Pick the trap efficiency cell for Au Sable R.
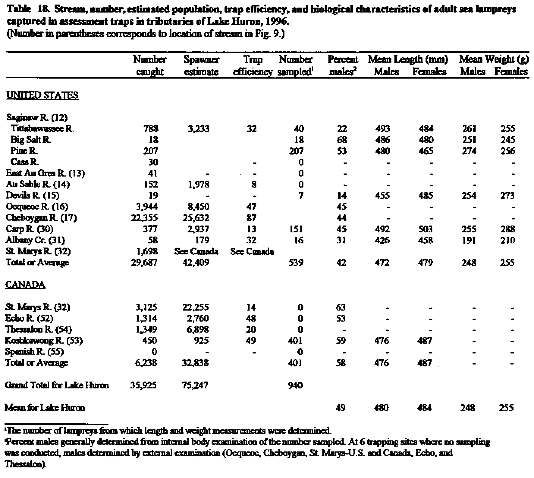tap(254, 185)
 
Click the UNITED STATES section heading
tap(42, 95)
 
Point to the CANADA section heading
tap(25, 285)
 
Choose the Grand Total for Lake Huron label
tap(57, 385)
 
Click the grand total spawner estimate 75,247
tap(195, 385)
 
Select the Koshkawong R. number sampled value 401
tap(295, 341)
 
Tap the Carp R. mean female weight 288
tap(507, 229)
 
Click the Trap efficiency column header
tap(253, 66)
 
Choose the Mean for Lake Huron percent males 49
tap(341, 408)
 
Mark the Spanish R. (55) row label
tap(35, 352)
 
